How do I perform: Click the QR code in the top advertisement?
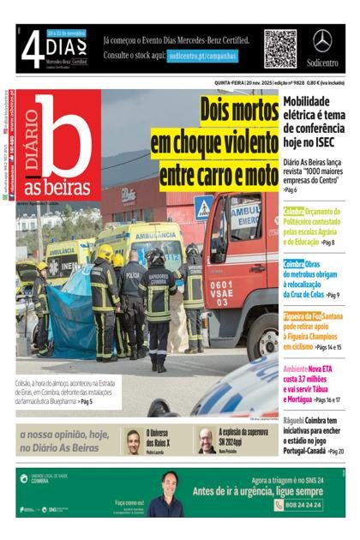(x=279, y=48)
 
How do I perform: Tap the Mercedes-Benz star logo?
(x=322, y=41)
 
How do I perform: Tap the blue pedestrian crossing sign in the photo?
(x=203, y=207)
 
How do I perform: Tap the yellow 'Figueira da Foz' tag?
(x=302, y=316)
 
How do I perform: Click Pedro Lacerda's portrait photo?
(x=134, y=441)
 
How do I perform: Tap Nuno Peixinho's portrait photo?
(x=207, y=441)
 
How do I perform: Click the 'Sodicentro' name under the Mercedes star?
(x=322, y=63)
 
